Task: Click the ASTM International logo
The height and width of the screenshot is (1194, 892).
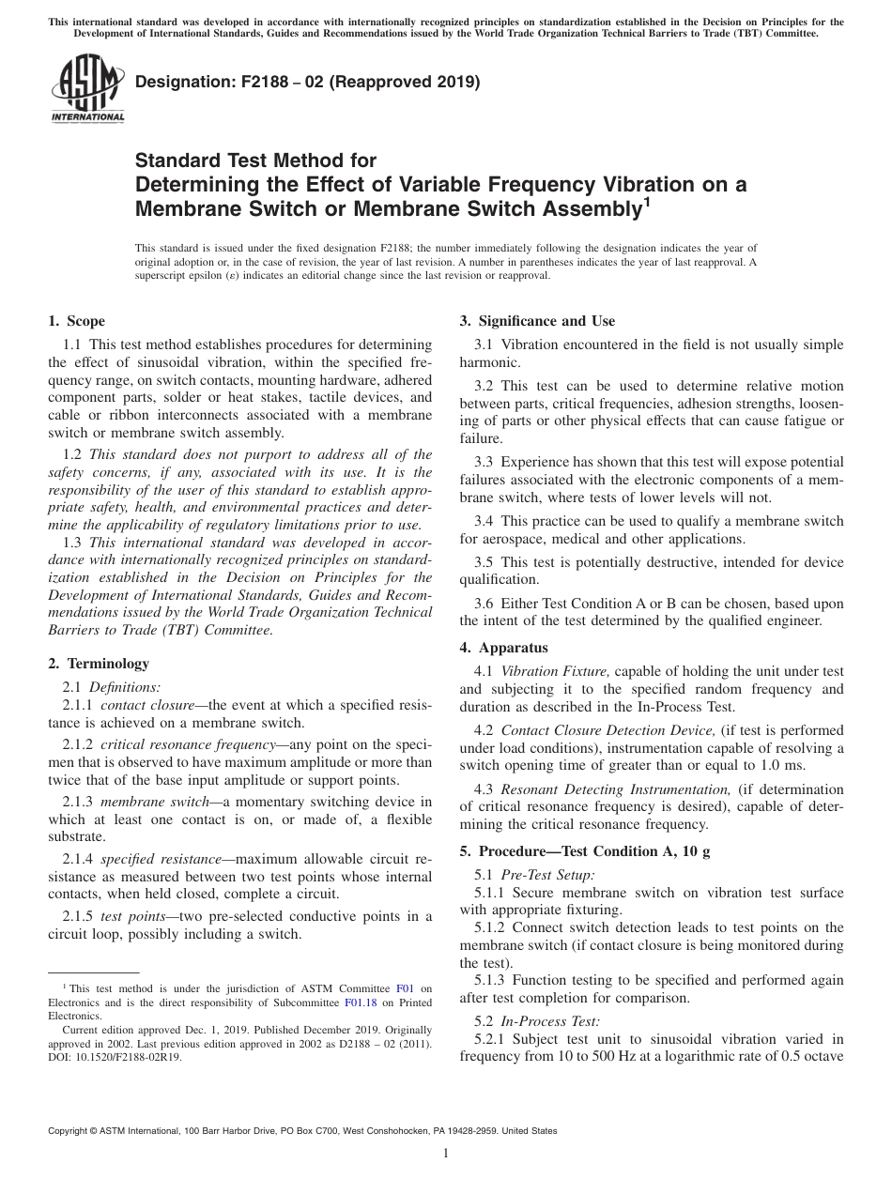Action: coord(86,90)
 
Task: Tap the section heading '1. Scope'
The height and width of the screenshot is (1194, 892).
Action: coord(76,321)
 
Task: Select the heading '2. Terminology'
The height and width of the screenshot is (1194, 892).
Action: coord(99,664)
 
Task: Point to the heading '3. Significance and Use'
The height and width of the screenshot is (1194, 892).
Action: coord(537,321)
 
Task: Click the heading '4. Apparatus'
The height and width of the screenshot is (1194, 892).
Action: coord(503,648)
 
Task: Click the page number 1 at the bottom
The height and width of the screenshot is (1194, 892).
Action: coord(445,1154)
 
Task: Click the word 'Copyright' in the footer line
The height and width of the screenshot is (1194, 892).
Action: coord(69,1131)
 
